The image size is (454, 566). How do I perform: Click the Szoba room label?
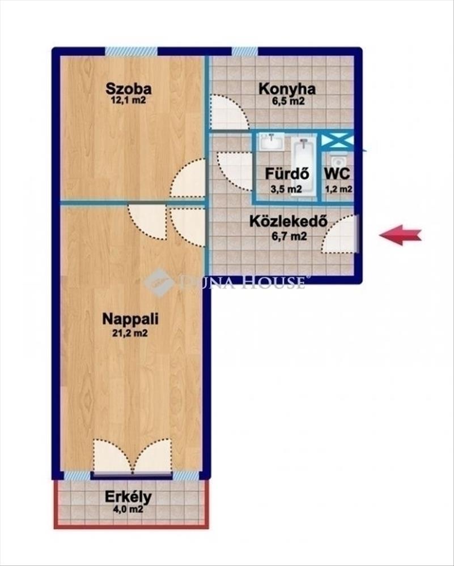[x=128, y=88]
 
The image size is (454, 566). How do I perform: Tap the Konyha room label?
[x=287, y=88]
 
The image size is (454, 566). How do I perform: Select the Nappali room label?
[x=130, y=319]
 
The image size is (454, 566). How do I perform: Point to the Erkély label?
[x=128, y=498]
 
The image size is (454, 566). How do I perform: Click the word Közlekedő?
[x=288, y=221]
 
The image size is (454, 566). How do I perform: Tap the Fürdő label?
[x=287, y=174]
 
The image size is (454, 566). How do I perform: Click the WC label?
[x=337, y=174]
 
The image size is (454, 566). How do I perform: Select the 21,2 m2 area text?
[x=130, y=333]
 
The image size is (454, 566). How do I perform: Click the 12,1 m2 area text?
[x=129, y=100]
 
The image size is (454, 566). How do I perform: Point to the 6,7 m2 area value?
[x=289, y=237]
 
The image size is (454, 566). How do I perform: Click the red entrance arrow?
[x=401, y=235]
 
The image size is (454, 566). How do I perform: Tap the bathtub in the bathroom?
[x=303, y=165]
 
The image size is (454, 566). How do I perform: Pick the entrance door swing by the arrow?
[x=340, y=234]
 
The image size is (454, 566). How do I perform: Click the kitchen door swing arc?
[x=229, y=112]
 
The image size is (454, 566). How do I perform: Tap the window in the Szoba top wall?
[x=131, y=52]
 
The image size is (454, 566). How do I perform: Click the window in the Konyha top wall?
[x=245, y=52]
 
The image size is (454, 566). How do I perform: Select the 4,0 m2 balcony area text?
[x=129, y=509]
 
